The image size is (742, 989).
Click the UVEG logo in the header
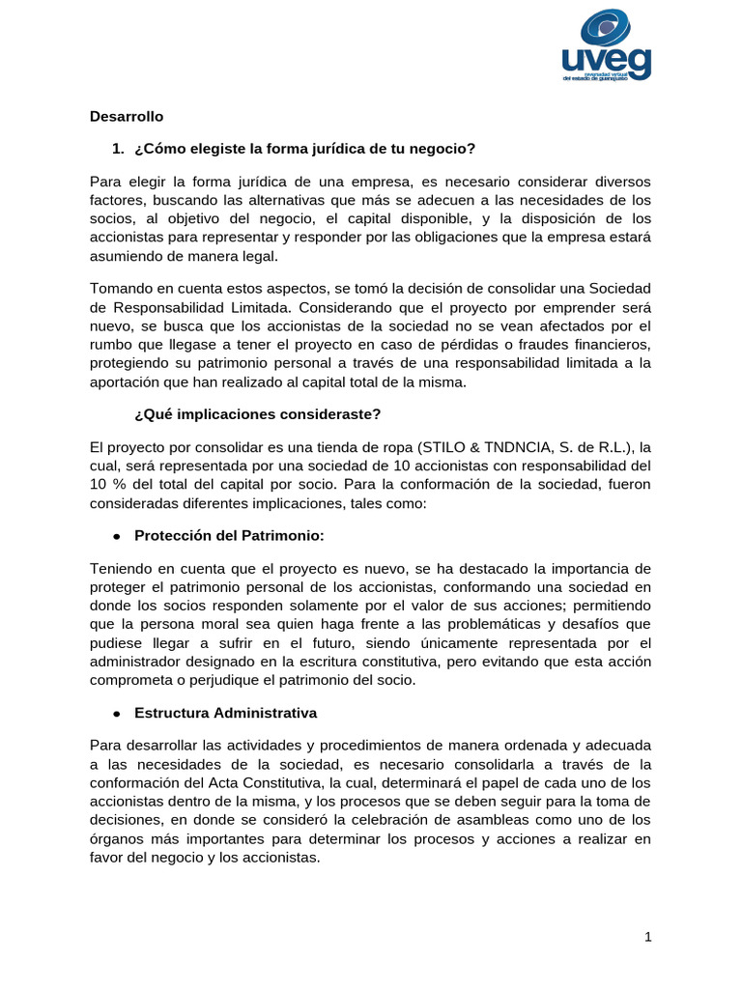coord(607,47)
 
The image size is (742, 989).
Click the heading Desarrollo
coord(127,117)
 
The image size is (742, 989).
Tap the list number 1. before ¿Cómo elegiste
coord(119,149)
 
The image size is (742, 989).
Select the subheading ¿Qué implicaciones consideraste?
coord(258,415)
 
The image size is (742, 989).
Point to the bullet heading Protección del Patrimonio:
coord(229,534)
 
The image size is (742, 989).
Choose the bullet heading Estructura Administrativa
coord(226,714)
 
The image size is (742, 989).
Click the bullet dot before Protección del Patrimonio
coord(115,535)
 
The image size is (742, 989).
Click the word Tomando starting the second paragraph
coord(121,289)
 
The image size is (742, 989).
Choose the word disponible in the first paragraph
coord(451,218)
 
